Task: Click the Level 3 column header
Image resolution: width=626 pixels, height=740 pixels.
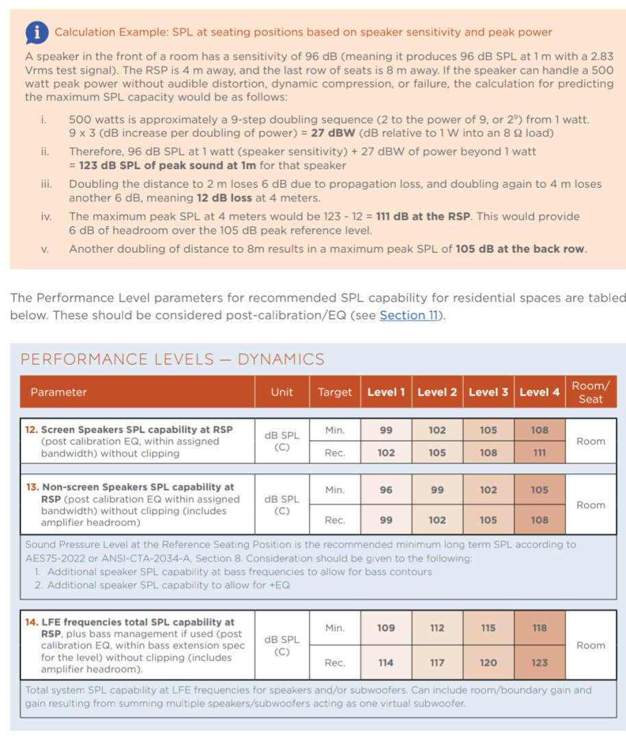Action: click(x=488, y=392)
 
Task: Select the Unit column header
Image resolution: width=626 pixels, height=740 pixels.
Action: click(x=281, y=392)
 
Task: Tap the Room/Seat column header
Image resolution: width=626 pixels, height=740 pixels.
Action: click(x=590, y=392)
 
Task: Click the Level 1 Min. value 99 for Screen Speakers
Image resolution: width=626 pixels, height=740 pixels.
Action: click(x=386, y=430)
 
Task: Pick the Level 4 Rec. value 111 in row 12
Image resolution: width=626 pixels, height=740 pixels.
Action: click(x=540, y=453)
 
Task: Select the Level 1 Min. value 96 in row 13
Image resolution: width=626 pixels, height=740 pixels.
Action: click(x=386, y=490)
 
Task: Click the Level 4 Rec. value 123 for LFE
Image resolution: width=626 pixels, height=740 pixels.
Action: click(x=540, y=663)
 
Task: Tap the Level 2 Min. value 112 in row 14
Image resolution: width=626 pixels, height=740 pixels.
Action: click(x=437, y=628)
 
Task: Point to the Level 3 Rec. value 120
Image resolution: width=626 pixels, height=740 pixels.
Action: click(x=488, y=663)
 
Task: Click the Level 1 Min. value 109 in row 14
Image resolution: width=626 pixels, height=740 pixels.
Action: click(x=386, y=628)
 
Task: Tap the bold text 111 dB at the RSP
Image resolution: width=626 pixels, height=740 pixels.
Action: click(x=423, y=217)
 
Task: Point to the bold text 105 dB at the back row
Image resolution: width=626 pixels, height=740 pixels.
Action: click(x=520, y=249)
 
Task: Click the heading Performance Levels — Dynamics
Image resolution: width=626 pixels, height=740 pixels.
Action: click(x=173, y=359)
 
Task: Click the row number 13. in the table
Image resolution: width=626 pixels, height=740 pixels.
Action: click(x=32, y=487)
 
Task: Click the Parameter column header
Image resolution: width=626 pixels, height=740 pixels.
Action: click(x=59, y=392)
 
